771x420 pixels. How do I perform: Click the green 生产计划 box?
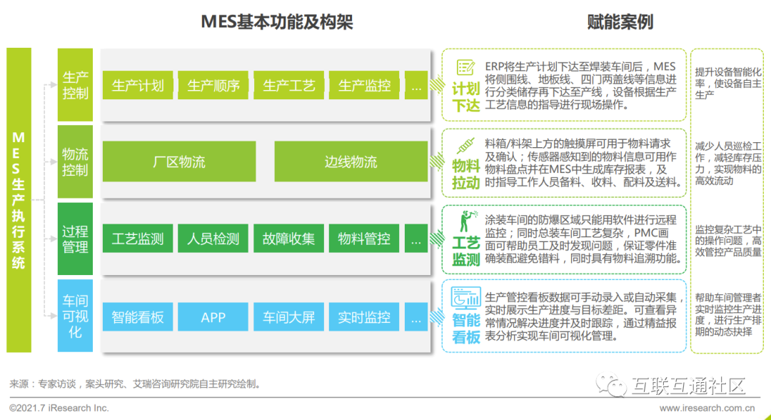coord(138,86)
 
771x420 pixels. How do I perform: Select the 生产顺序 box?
coord(213,86)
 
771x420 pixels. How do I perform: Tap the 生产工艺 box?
coord(289,86)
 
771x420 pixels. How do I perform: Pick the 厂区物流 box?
coord(179,162)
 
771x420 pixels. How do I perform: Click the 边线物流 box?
coord(351,162)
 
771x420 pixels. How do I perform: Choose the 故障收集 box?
coord(289,239)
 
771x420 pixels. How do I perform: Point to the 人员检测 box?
coord(213,239)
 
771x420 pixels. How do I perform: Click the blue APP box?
coord(213,317)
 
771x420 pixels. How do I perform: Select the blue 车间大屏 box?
coord(289,317)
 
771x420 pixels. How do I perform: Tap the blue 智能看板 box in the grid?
coord(138,317)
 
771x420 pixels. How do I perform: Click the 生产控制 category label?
coord(75,85)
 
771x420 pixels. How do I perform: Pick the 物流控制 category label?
coord(75,162)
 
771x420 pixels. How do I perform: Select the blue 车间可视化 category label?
coord(75,316)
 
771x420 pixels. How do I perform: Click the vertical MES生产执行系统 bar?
coord(19,200)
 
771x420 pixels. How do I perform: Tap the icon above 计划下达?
coord(465,68)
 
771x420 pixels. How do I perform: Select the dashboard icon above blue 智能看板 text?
coord(465,296)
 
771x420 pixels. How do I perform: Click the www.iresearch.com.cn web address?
coord(707,408)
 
